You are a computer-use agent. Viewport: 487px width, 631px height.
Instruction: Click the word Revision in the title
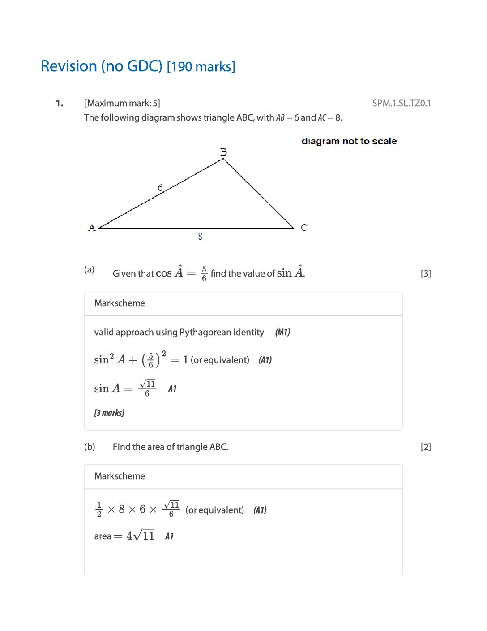(69, 66)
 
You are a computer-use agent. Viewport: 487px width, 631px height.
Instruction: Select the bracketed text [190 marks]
(201, 67)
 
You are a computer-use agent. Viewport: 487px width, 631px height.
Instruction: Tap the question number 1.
(60, 104)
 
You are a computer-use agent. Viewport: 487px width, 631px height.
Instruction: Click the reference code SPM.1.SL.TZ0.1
(401, 103)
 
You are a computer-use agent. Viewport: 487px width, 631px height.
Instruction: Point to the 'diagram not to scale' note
(349, 141)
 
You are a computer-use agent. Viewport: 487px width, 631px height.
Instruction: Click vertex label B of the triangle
(223, 152)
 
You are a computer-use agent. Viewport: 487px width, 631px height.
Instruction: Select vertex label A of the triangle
(92, 228)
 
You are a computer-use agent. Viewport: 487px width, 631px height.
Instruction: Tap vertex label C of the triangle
(304, 228)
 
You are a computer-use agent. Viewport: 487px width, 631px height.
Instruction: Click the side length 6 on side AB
(160, 188)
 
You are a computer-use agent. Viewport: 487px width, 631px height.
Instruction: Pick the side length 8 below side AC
(200, 236)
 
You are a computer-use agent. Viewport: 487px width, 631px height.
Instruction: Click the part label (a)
(90, 269)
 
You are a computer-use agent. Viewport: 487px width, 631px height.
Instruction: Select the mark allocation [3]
(426, 273)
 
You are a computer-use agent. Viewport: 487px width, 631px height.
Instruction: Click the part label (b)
(90, 447)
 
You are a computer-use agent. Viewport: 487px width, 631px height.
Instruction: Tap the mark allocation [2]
(426, 447)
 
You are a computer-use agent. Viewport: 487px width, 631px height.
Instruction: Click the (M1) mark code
(282, 332)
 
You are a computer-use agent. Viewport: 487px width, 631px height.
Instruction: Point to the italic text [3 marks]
(109, 413)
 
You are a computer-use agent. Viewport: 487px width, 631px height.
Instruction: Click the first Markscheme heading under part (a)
(120, 303)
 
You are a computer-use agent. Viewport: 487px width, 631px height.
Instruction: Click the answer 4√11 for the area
(141, 536)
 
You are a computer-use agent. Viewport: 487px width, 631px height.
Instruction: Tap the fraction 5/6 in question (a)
(204, 273)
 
